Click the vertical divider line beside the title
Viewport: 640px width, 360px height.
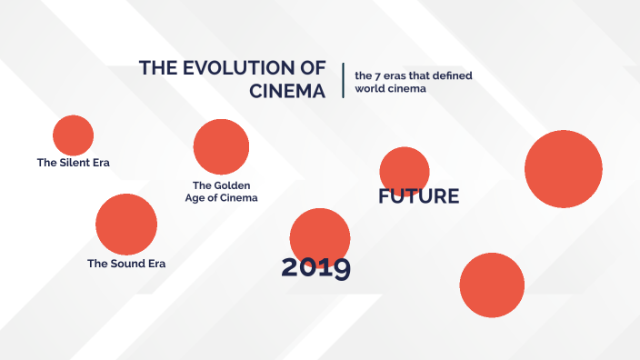343,80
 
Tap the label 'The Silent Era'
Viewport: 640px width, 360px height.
79,163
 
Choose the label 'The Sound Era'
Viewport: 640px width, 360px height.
126,264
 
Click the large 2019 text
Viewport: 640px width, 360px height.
315,267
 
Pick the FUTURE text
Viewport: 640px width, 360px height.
419,196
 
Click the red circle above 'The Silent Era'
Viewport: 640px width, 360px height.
73,135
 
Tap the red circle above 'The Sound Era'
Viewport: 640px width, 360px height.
126,224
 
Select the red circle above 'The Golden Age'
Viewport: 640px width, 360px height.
221,146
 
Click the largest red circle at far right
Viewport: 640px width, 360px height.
564,169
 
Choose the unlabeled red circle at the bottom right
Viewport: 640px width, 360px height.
493,285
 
